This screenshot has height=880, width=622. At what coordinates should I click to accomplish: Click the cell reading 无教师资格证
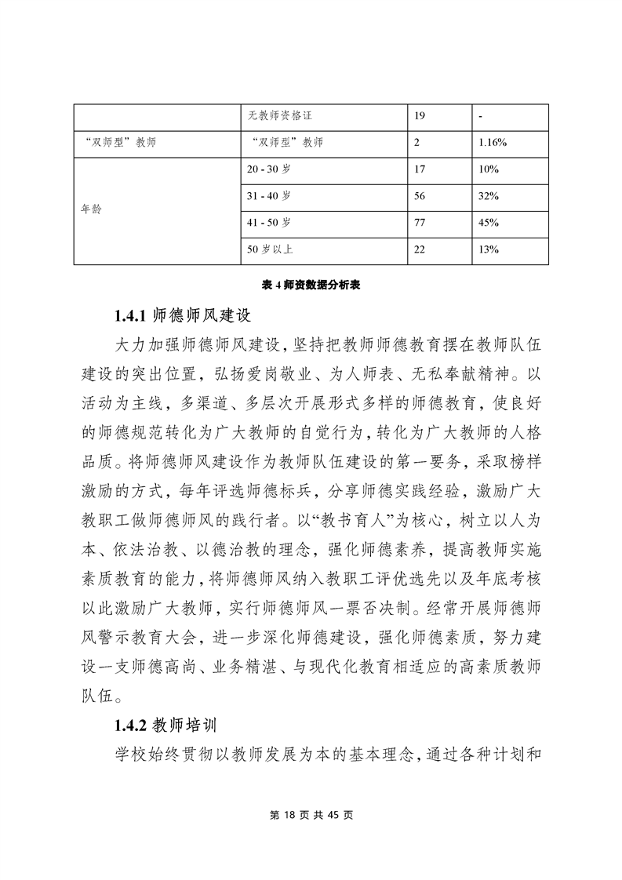point(281,116)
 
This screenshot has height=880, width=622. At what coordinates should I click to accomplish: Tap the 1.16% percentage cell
point(493,143)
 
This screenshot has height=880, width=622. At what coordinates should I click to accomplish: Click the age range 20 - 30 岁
point(269,169)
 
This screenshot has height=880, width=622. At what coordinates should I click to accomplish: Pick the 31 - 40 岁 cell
point(269,196)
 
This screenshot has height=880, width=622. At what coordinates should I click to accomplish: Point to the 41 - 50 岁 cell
point(269,223)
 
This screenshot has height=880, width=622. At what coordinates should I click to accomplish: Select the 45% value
point(489,223)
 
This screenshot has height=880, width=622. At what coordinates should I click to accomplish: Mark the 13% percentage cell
point(489,249)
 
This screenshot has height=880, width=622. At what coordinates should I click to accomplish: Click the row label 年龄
point(92,210)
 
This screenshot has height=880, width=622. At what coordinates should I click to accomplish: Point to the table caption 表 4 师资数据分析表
point(311,287)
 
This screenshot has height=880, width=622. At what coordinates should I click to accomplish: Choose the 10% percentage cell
point(489,169)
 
